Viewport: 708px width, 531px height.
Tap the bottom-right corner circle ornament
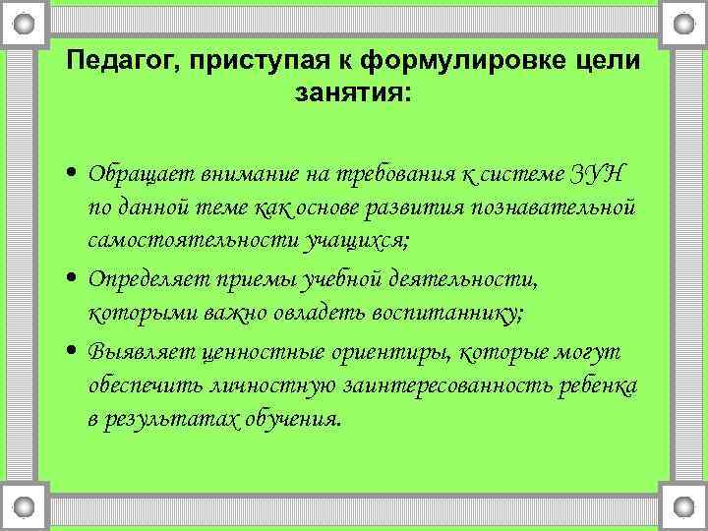pyautogui.click(x=683, y=508)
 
